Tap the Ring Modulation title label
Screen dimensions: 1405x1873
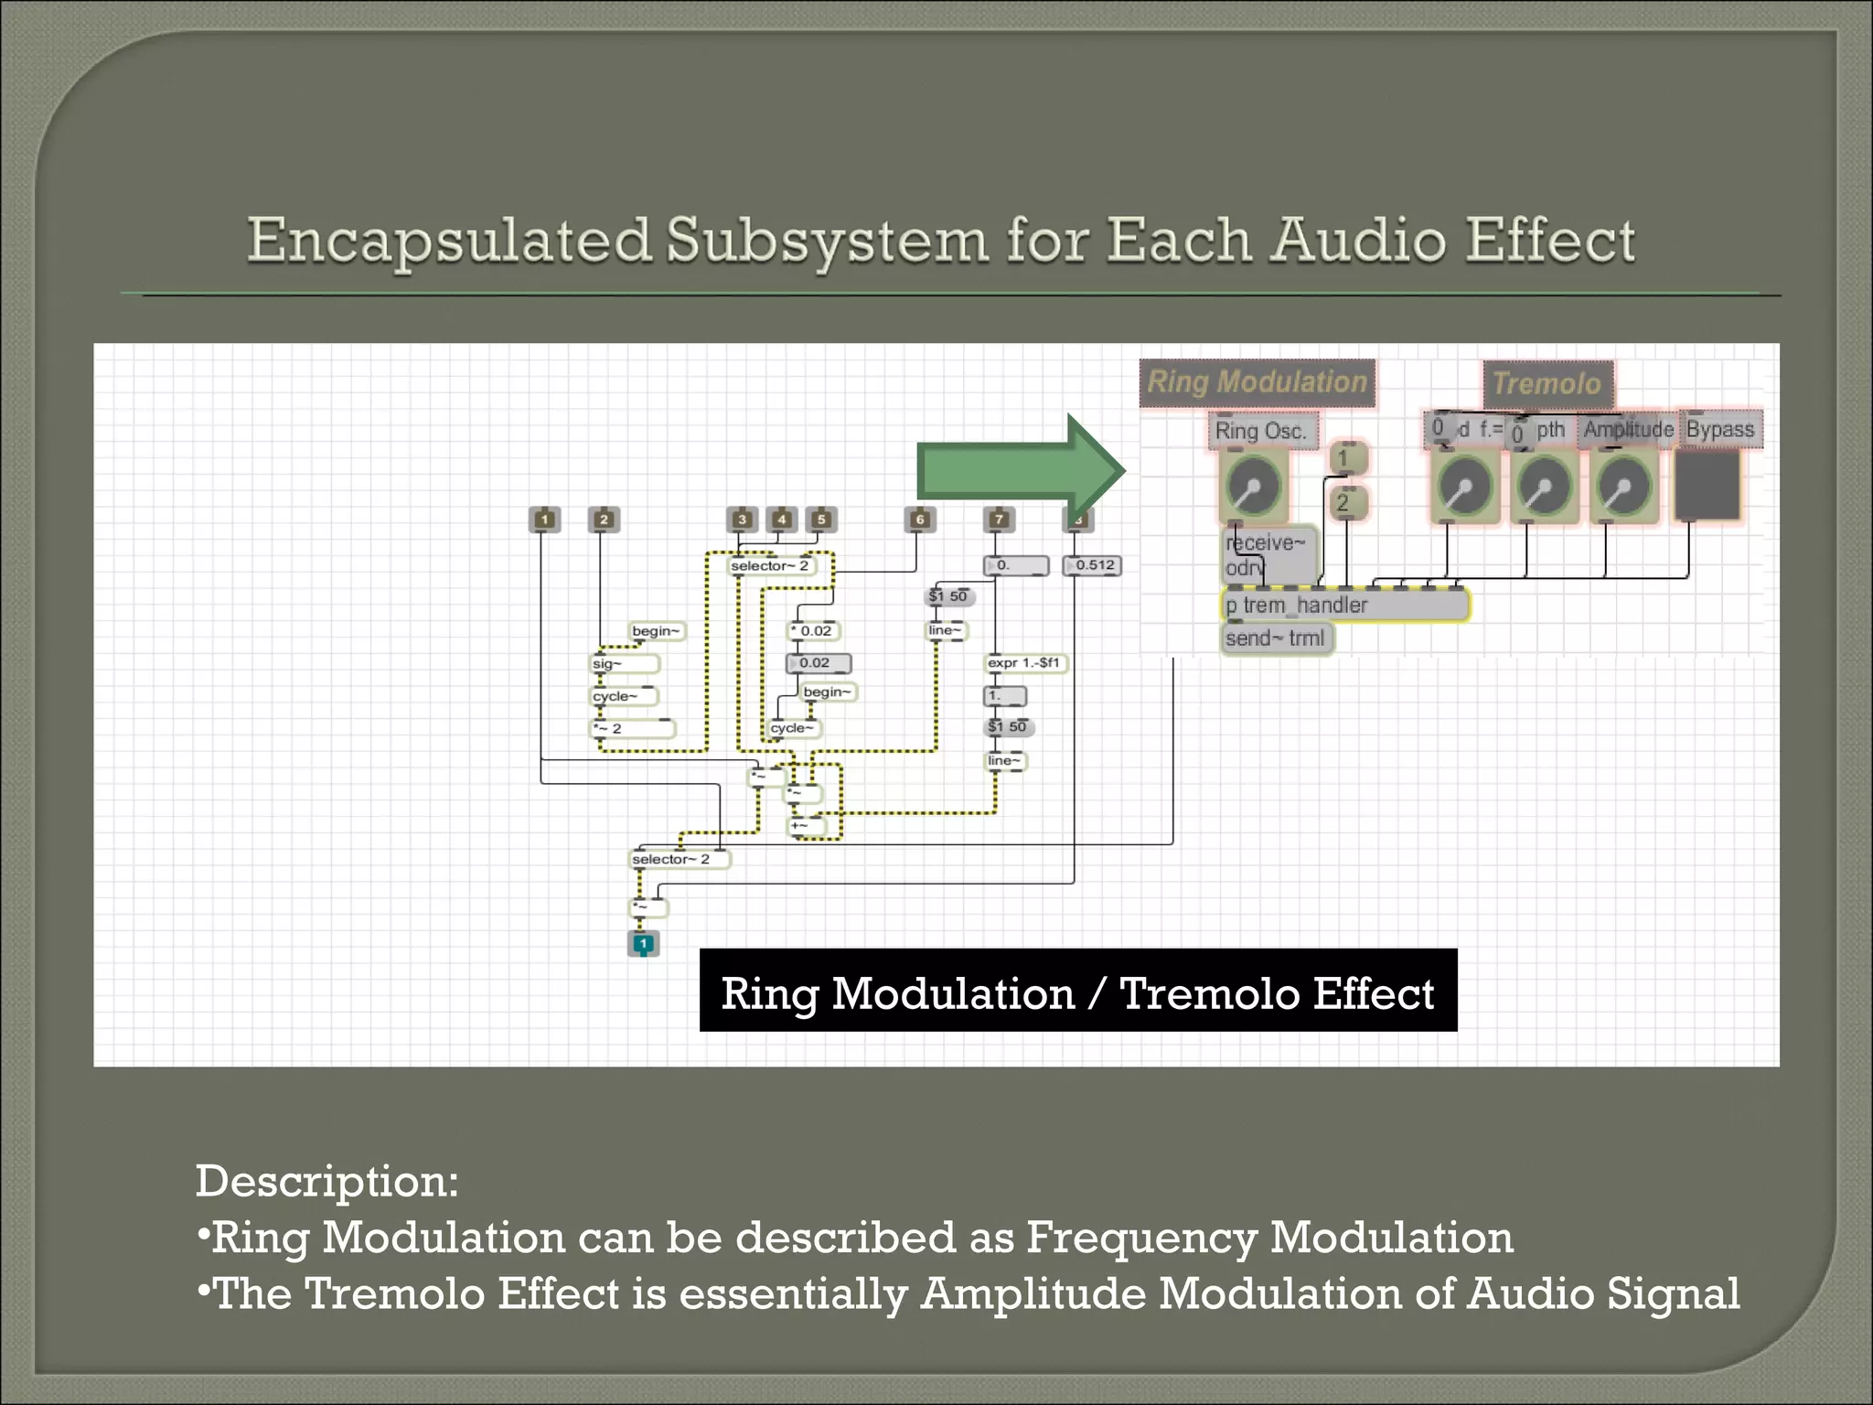pyautogui.click(x=1257, y=382)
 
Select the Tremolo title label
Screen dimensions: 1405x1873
pyautogui.click(x=1547, y=383)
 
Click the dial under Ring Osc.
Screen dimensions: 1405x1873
pyautogui.click(x=1253, y=487)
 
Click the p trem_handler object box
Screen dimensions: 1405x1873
pyautogui.click(x=1344, y=606)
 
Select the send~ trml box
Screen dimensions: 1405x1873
pyautogui.click(x=1277, y=638)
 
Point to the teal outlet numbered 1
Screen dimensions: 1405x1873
pyautogui.click(x=643, y=943)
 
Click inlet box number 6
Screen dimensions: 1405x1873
pyautogui.click(x=920, y=520)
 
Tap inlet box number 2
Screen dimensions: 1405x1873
pyautogui.click(x=604, y=520)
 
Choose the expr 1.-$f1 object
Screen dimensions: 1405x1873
pyautogui.click(x=1024, y=662)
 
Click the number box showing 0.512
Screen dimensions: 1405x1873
pyautogui.click(x=1092, y=565)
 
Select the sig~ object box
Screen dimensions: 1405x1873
pyautogui.click(x=624, y=664)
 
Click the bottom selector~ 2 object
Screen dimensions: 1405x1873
pyautogui.click(x=680, y=859)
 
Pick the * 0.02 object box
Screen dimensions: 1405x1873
pyautogui.click(x=813, y=631)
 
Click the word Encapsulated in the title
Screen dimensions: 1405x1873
pyautogui.click(x=448, y=241)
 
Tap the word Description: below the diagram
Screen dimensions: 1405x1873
pyautogui.click(x=326, y=1181)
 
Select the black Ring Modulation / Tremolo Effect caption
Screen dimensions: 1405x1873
pyautogui.click(x=1077, y=992)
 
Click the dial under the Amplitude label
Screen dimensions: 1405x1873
pyautogui.click(x=1623, y=487)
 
